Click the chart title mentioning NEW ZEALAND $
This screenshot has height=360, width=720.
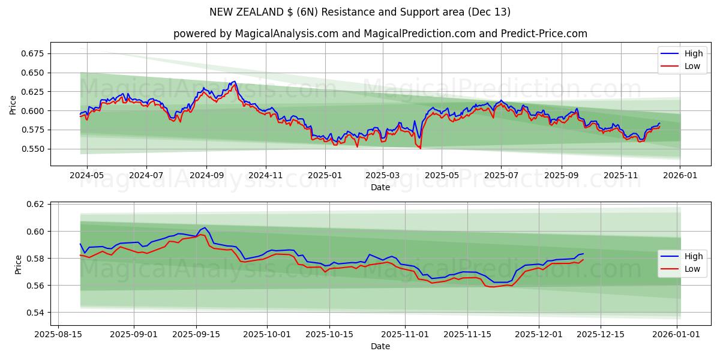360,12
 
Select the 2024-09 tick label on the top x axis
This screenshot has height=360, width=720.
206,175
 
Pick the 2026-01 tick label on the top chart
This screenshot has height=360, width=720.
680,175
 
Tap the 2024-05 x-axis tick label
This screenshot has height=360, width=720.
87,175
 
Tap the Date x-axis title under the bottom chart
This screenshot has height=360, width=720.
380,346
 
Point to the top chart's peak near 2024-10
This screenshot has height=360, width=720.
235,82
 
